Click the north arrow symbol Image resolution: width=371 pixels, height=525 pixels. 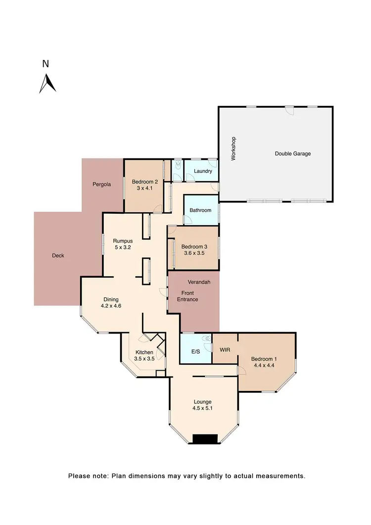pos(47,84)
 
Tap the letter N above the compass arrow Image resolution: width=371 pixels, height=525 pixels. pos(46,63)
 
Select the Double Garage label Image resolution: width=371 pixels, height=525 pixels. pos(293,154)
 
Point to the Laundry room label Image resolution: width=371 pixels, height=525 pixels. pos(203,172)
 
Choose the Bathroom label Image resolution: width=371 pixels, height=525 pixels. pos(200,210)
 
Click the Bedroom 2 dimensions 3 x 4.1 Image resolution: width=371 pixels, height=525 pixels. pos(143,188)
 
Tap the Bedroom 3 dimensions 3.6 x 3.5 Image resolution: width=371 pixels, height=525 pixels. pos(193,253)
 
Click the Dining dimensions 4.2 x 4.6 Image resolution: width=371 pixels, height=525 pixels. pos(111,306)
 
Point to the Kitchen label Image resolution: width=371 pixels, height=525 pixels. pos(144,352)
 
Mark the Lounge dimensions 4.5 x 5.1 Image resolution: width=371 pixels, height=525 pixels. pos(203,409)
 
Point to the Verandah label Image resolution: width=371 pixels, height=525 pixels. pos(201,282)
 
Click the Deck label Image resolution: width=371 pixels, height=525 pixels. pos(58,256)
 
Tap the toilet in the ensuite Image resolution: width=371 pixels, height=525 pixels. pos(207,339)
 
